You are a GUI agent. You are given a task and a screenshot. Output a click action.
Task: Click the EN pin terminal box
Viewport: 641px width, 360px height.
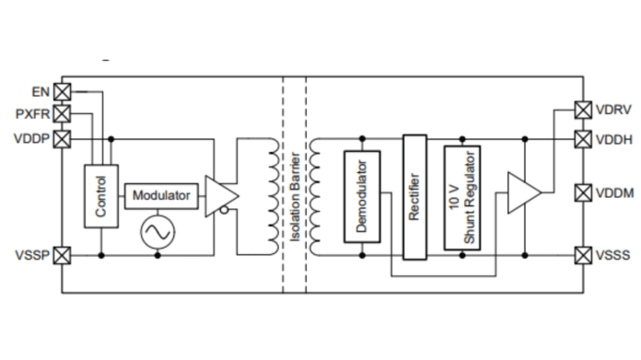pos(63,91)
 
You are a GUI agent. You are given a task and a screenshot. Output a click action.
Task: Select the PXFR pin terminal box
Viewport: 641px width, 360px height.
pos(63,114)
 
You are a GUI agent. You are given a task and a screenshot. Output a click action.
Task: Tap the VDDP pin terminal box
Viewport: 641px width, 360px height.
pos(63,139)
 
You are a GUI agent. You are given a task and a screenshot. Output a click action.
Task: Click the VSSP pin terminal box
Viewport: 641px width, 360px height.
pos(63,255)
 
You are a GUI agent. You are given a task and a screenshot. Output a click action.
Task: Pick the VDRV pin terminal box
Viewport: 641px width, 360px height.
pos(582,110)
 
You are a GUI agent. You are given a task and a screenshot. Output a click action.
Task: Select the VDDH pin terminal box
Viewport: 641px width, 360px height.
pos(582,139)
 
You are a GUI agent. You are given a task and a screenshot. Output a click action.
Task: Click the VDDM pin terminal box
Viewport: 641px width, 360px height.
pos(582,193)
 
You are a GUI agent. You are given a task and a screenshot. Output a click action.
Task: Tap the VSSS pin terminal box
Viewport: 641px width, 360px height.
pos(582,255)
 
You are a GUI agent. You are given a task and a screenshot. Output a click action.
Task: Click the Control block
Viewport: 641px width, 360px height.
pos(100,195)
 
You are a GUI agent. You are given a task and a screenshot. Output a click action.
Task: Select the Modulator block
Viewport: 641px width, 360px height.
pos(161,195)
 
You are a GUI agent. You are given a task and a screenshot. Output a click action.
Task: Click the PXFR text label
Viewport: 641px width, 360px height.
pos(33,114)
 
